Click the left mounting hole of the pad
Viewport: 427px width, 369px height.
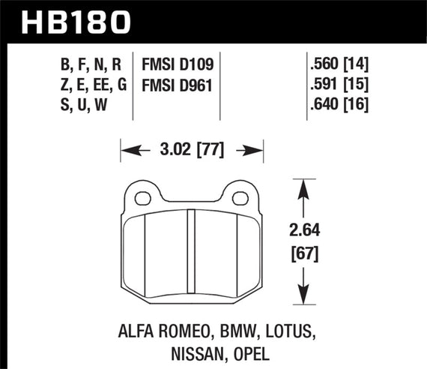point(142,198)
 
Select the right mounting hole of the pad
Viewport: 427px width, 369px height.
point(240,198)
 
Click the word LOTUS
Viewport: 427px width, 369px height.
point(284,328)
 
